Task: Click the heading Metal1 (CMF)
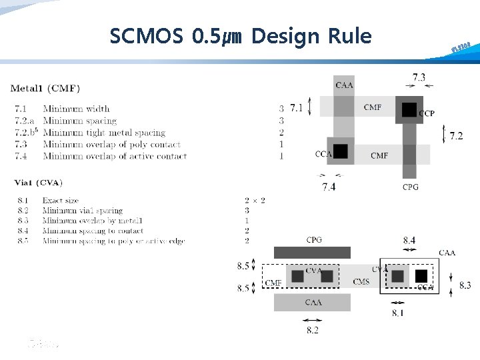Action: (x=45, y=88)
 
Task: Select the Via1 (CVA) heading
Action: (x=41, y=183)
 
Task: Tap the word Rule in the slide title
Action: (x=349, y=36)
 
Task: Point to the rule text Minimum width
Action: (x=76, y=109)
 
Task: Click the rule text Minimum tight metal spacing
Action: (x=105, y=133)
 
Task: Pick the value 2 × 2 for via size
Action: (x=255, y=201)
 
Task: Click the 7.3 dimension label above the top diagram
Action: (x=419, y=77)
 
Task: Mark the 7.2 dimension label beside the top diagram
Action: (x=456, y=136)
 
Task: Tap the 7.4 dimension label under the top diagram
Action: (x=329, y=187)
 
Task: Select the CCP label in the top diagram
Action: (x=427, y=114)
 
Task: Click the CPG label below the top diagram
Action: (x=411, y=187)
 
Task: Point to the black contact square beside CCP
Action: (x=409, y=109)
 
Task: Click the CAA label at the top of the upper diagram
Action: (x=345, y=85)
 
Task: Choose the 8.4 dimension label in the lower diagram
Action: (x=409, y=240)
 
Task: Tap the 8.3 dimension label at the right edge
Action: (x=465, y=285)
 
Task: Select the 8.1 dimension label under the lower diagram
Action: (x=398, y=313)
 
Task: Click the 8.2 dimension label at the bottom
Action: (x=311, y=329)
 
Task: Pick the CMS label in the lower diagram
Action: (x=361, y=282)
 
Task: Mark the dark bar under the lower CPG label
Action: (x=312, y=253)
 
